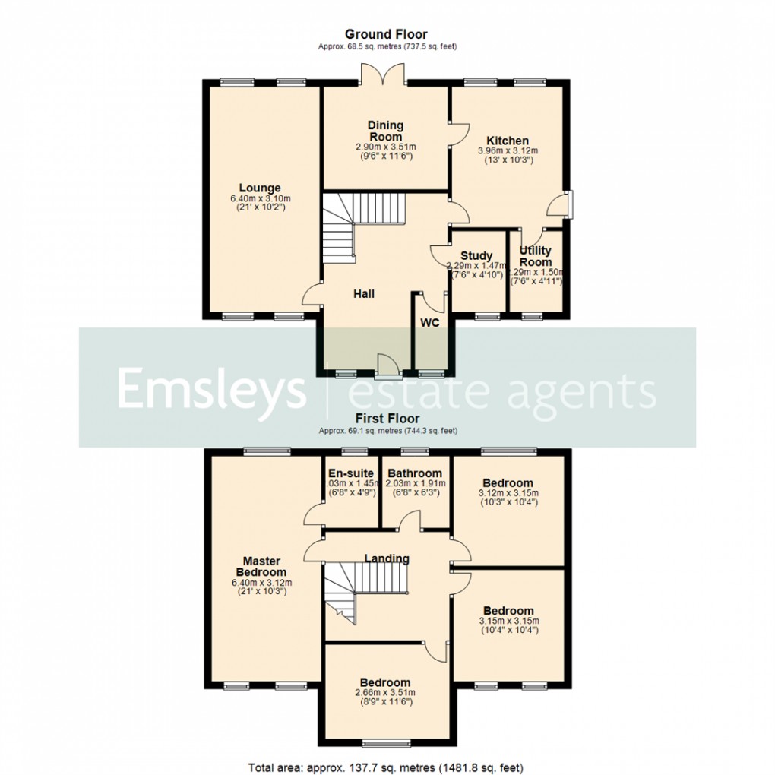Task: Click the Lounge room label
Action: click(260, 188)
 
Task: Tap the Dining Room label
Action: click(385, 131)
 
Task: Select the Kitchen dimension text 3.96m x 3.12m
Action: click(508, 151)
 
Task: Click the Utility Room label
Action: click(536, 256)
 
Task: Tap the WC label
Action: click(430, 322)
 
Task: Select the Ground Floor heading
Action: click(386, 34)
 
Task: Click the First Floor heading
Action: click(387, 419)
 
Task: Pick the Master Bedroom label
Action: click(261, 567)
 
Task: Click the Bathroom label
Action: click(415, 473)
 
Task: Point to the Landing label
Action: click(387, 558)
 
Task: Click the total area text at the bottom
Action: click(386, 767)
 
